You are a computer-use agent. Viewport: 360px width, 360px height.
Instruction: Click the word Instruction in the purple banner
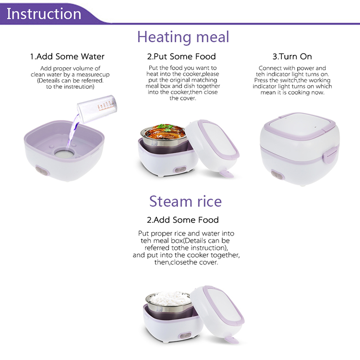click(44, 13)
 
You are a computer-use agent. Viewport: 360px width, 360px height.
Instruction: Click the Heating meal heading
click(183, 37)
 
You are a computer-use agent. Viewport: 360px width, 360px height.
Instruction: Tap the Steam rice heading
click(185, 201)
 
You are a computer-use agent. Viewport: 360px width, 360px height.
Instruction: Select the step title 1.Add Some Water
click(67, 57)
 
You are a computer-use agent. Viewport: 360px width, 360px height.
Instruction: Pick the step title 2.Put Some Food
click(181, 57)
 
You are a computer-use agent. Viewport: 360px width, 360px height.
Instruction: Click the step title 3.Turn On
click(292, 57)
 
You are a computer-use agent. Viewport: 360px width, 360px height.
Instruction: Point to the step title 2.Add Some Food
click(183, 220)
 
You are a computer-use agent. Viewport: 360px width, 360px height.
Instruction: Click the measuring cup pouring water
click(97, 109)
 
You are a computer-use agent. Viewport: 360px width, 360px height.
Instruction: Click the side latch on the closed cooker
click(329, 155)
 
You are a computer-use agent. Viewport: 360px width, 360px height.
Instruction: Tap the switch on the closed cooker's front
click(277, 175)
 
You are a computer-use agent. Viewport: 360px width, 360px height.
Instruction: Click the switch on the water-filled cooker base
click(42, 171)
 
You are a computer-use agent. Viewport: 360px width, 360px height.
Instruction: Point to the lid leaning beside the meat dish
click(212, 147)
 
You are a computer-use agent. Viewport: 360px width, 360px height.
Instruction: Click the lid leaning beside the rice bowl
click(217, 313)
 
